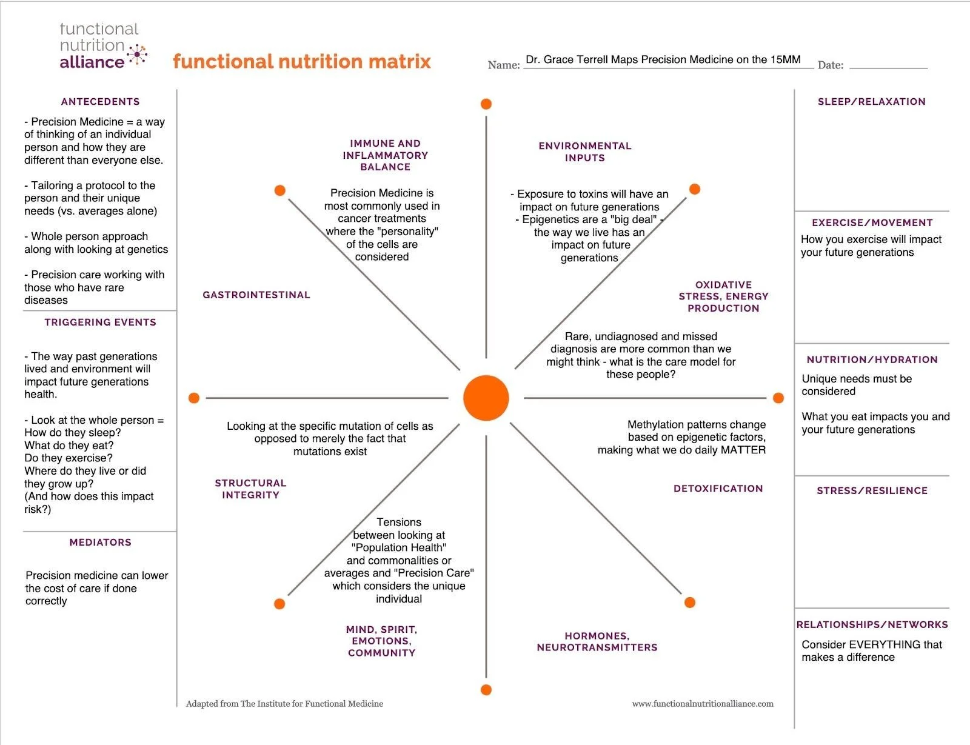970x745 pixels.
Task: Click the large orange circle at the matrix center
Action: click(486, 398)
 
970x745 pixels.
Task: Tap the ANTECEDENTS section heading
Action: click(100, 102)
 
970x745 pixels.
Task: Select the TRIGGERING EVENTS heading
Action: click(100, 322)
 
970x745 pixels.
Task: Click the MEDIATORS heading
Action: click(100, 543)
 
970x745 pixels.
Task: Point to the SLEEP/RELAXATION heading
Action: click(871, 102)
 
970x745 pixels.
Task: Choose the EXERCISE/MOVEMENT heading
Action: click(872, 223)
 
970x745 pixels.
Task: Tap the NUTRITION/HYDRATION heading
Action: click(872, 360)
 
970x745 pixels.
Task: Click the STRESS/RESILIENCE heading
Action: click(872, 491)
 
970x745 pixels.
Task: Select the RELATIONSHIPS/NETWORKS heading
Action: click(872, 625)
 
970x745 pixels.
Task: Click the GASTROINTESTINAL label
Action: click(256, 295)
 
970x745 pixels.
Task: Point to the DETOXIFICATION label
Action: click(718, 489)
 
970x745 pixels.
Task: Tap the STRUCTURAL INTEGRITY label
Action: click(250, 489)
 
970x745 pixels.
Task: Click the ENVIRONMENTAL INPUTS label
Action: click(585, 152)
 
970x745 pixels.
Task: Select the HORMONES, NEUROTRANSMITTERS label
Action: click(597, 642)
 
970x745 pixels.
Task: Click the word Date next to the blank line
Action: click(830, 65)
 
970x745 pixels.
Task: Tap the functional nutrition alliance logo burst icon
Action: click(138, 55)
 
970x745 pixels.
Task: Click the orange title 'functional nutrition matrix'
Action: click(302, 62)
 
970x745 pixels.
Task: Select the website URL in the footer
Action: click(703, 704)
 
